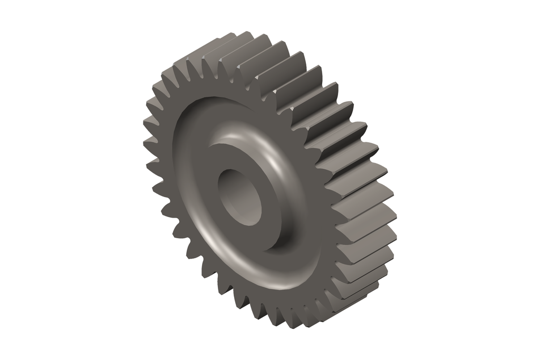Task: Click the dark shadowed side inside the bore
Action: (x=227, y=187)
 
